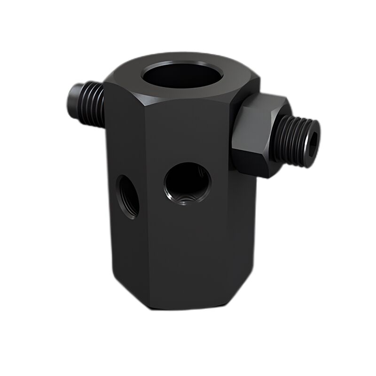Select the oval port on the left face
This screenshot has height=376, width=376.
click(127, 196)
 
